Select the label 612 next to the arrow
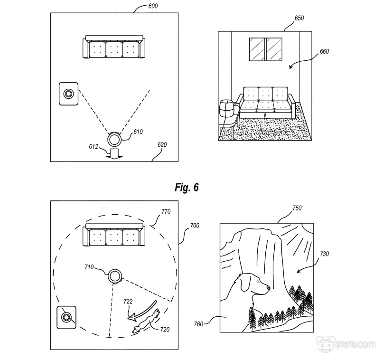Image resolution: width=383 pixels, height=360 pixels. click(93, 147)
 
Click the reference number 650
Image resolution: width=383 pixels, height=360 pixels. click(299, 18)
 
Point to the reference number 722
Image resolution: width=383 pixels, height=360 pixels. click(128, 301)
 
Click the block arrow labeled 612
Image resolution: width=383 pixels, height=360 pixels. click(114, 153)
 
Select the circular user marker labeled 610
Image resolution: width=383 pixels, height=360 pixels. click(115, 139)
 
